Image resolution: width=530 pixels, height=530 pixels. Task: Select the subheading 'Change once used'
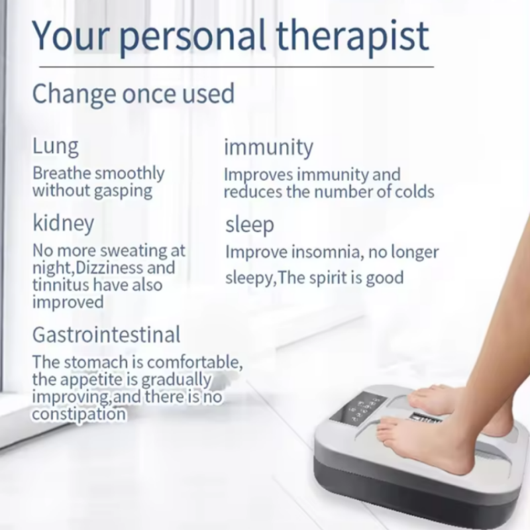pyautogui.click(x=133, y=93)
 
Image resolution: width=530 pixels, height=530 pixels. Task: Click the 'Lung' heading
pyautogui.click(x=56, y=146)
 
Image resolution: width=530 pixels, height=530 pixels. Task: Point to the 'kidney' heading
pyautogui.click(x=63, y=223)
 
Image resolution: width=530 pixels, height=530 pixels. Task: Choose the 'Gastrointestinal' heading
pyautogui.click(x=107, y=335)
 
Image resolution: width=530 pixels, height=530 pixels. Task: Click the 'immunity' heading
pyautogui.click(x=269, y=147)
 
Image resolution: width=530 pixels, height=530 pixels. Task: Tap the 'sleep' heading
pyautogui.click(x=250, y=225)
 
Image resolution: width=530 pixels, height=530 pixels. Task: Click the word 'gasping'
pyautogui.click(x=123, y=191)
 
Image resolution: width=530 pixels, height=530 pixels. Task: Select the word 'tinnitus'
pyautogui.click(x=61, y=284)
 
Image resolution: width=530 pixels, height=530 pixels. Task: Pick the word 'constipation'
pyautogui.click(x=79, y=413)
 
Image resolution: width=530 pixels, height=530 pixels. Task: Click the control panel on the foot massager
pyautogui.click(x=357, y=408)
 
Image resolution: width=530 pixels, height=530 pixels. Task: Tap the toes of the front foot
pyautogui.click(x=389, y=429)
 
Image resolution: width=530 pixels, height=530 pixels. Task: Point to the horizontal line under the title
pyautogui.click(x=237, y=67)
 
